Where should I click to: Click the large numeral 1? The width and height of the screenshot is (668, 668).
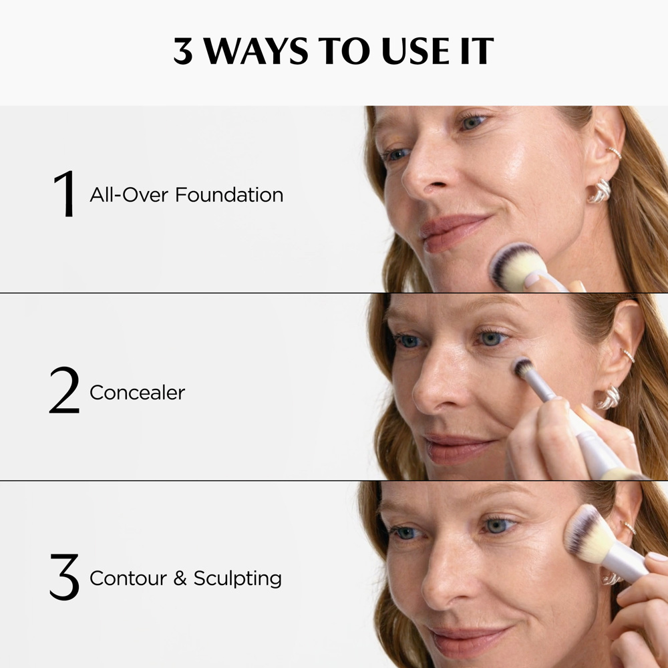[x=65, y=195]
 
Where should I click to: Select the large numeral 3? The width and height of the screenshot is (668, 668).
[x=65, y=577]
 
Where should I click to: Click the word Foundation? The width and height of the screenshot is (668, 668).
[x=229, y=195]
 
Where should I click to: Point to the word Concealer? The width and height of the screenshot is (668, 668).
[x=137, y=392]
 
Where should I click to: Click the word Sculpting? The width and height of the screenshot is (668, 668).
[x=238, y=578]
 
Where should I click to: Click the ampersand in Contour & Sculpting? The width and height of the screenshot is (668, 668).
[x=180, y=578]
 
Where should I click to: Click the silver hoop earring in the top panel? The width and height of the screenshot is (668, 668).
[x=599, y=191]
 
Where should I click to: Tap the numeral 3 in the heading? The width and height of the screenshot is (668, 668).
[x=182, y=51]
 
